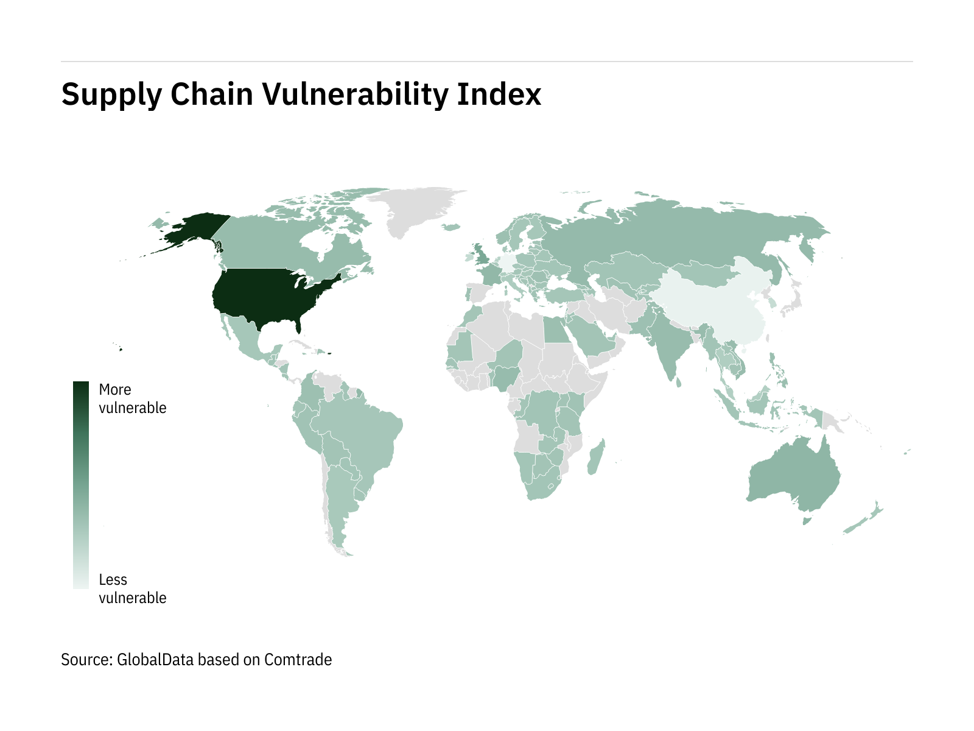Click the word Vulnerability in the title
(354, 95)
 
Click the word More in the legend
(115, 390)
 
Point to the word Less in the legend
(113, 580)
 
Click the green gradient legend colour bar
(80, 485)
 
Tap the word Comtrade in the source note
(298, 660)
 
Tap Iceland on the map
(451, 227)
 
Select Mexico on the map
(243, 338)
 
